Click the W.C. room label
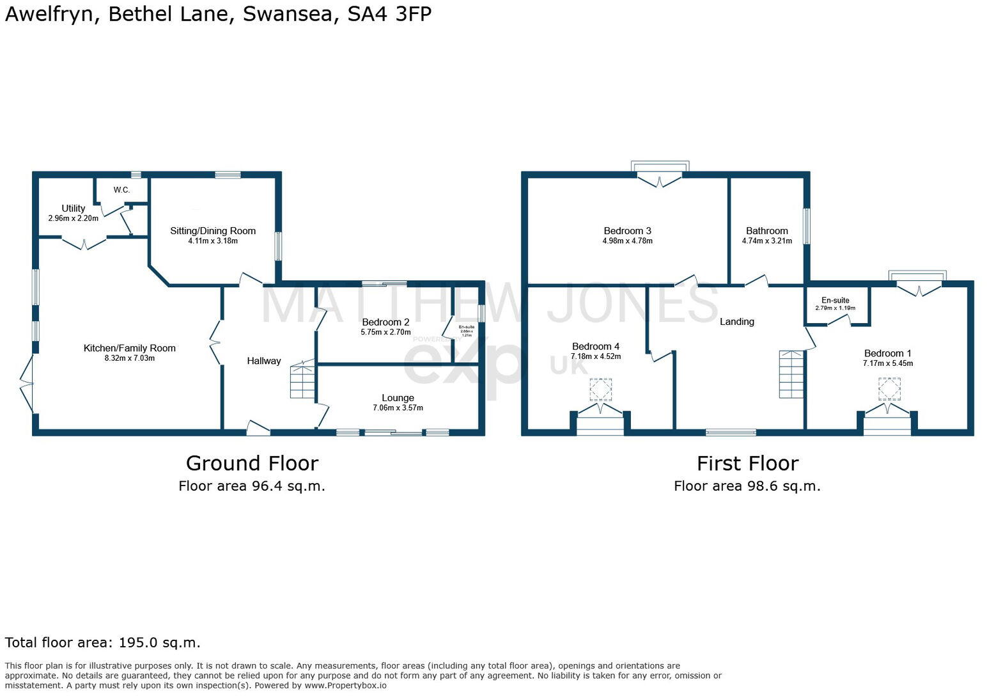click(x=121, y=190)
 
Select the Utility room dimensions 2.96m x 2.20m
click(x=74, y=218)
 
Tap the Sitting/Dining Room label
click(x=213, y=231)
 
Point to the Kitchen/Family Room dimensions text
click(x=130, y=358)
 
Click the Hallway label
click(x=264, y=361)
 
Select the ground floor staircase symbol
click(x=303, y=380)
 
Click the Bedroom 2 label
click(x=385, y=322)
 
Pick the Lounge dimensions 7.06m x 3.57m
click(x=398, y=407)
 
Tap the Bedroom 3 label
click(x=627, y=231)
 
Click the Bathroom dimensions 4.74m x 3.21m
click(x=766, y=241)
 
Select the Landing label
click(x=737, y=322)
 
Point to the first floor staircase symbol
click(x=791, y=374)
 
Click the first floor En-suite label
click(x=835, y=300)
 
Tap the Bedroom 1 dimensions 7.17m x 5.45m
click(x=887, y=363)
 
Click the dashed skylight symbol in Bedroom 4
click(x=600, y=389)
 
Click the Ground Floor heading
click(x=252, y=463)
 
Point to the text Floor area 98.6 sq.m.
click(x=747, y=486)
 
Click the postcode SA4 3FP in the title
click(x=389, y=14)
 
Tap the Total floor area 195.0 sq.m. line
click(x=103, y=642)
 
